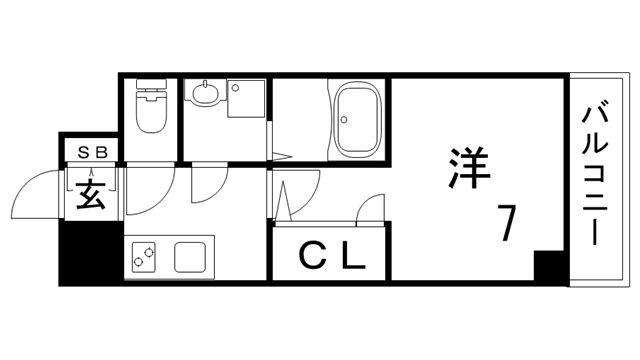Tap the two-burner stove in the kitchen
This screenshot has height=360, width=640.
[x=143, y=257]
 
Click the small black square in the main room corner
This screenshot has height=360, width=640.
[x=547, y=266]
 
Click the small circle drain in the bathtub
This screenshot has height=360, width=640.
[x=347, y=119]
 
